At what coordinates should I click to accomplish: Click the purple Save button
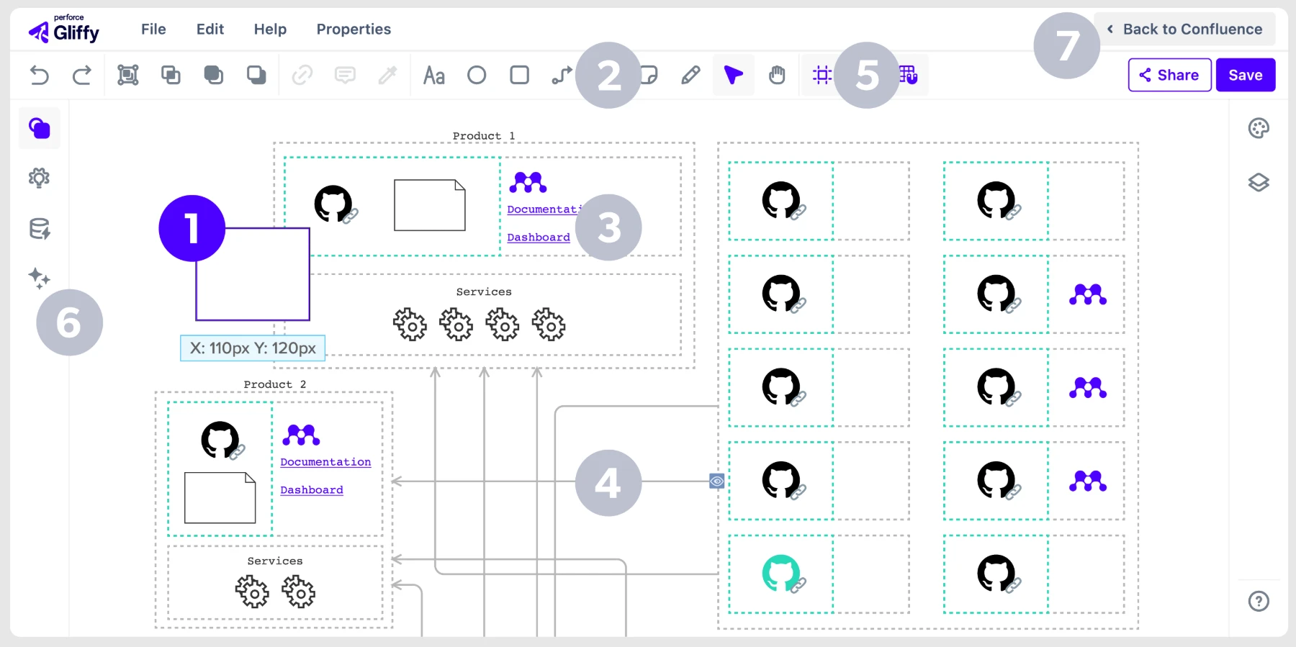pyautogui.click(x=1246, y=75)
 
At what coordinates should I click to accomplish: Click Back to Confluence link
pyautogui.click(x=1184, y=30)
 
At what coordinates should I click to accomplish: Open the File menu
pyautogui.click(x=153, y=30)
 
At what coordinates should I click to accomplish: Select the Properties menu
pyautogui.click(x=354, y=30)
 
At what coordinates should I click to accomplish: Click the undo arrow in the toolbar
pyautogui.click(x=40, y=75)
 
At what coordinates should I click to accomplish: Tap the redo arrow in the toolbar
pyautogui.click(x=82, y=75)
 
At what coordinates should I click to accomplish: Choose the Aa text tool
pyautogui.click(x=433, y=75)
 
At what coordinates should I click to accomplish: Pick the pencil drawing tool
pyautogui.click(x=690, y=75)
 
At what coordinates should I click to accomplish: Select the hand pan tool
pyautogui.click(x=777, y=75)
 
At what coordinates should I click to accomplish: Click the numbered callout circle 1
pyautogui.click(x=192, y=228)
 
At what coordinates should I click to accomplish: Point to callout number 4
pyautogui.click(x=608, y=483)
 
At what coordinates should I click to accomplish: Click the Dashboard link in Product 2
pyautogui.click(x=312, y=490)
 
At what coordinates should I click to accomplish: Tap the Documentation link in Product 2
pyautogui.click(x=325, y=462)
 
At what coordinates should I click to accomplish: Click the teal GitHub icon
pyautogui.click(x=781, y=573)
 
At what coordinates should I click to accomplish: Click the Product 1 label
pyautogui.click(x=484, y=136)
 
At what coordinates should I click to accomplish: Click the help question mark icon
pyautogui.click(x=1259, y=601)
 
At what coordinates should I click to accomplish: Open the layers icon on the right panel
pyautogui.click(x=1259, y=183)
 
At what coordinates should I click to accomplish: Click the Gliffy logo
pyautogui.click(x=64, y=30)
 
